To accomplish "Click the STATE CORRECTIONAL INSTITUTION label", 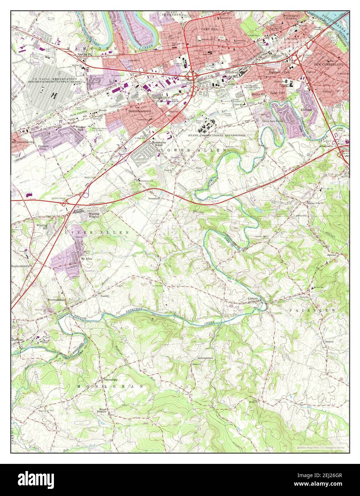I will coord(217,136).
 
